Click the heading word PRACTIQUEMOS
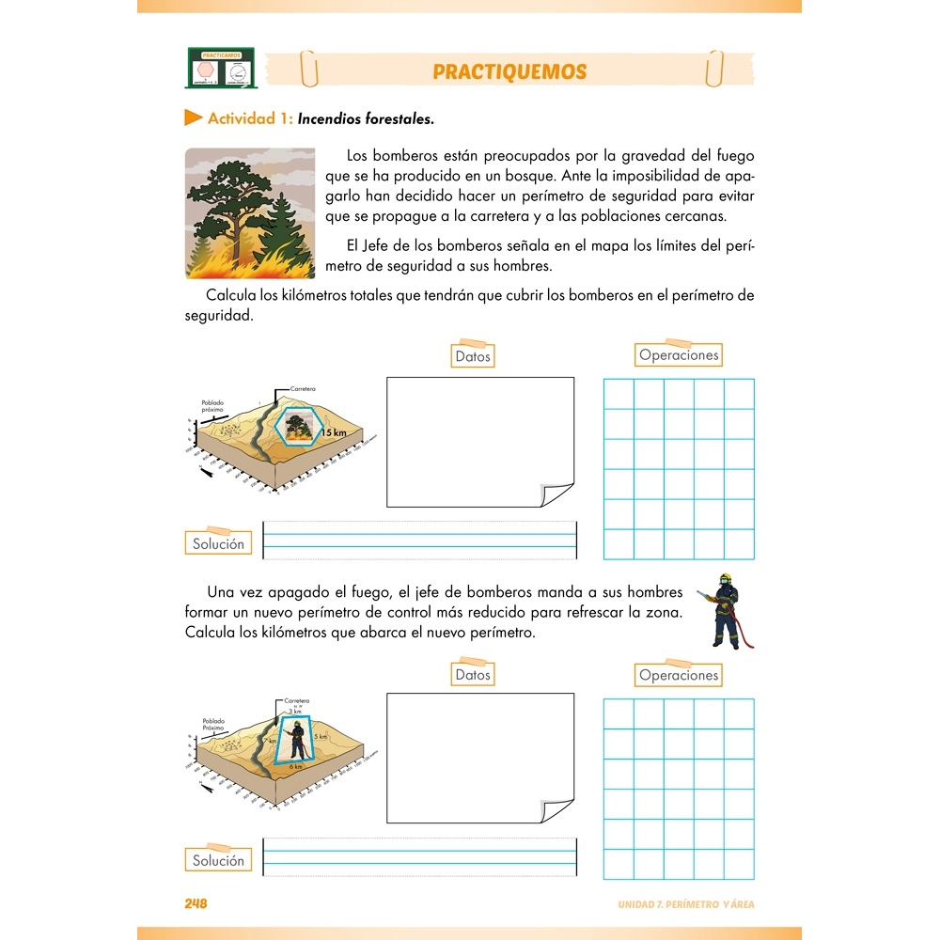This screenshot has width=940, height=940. click(x=509, y=72)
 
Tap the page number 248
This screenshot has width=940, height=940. click(x=196, y=904)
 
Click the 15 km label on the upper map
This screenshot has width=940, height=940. click(x=334, y=433)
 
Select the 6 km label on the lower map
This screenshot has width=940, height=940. click(x=296, y=766)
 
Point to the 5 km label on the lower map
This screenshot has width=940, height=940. click(x=321, y=737)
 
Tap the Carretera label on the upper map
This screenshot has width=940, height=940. click(x=303, y=388)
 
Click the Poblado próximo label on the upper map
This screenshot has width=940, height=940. click(x=213, y=406)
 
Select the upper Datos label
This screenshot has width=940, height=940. click(x=473, y=356)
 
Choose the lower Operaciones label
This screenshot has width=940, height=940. click(x=678, y=675)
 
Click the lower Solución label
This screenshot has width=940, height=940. click(x=218, y=860)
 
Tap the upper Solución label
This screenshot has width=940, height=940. click(x=218, y=543)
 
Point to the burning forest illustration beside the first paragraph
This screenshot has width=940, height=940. click(x=250, y=213)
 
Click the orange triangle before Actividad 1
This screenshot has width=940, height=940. click(x=194, y=118)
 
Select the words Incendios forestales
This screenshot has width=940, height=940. click(x=366, y=119)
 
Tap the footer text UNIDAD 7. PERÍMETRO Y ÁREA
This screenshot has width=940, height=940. click(x=685, y=904)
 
